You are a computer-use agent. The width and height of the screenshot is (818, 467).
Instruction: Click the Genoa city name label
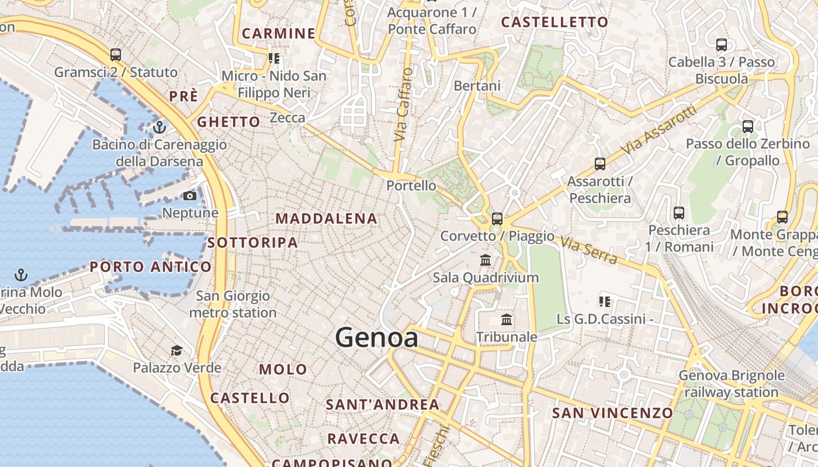click(x=377, y=338)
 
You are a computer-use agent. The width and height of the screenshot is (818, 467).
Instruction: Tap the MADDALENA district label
click(x=327, y=219)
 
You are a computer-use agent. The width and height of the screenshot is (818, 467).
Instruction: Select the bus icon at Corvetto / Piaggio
click(x=497, y=219)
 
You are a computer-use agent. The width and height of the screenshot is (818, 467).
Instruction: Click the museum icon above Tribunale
click(x=507, y=319)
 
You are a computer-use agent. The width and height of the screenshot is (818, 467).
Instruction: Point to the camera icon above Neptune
click(x=190, y=196)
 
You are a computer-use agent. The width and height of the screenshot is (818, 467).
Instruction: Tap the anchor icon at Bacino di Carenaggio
click(x=160, y=127)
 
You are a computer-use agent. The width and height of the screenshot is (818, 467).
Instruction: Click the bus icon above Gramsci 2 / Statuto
click(x=116, y=55)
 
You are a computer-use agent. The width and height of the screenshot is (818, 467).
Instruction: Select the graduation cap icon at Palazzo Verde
click(x=176, y=350)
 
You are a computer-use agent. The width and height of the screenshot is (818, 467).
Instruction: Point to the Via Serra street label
click(x=588, y=249)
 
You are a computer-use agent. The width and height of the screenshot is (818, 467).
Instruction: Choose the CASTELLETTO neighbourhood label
click(x=554, y=22)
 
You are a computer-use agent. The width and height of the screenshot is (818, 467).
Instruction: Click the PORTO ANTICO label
click(x=151, y=267)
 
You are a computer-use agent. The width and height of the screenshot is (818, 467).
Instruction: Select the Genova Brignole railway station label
click(x=732, y=384)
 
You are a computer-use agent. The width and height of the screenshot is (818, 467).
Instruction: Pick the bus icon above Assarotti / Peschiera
click(x=600, y=164)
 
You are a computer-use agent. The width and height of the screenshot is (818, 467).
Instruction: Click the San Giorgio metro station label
click(x=233, y=304)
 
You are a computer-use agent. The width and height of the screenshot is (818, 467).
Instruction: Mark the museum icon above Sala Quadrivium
click(x=486, y=260)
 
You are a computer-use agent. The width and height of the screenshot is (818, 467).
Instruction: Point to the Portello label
click(x=411, y=186)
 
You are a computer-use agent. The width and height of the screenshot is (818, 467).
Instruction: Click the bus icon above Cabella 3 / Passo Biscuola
click(x=722, y=44)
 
